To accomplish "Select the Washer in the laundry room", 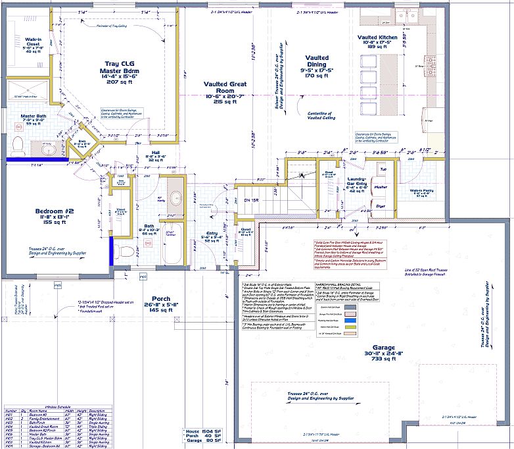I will click(x=380, y=188).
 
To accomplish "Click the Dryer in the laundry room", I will click(x=380, y=207).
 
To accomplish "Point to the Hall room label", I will click(x=152, y=155).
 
